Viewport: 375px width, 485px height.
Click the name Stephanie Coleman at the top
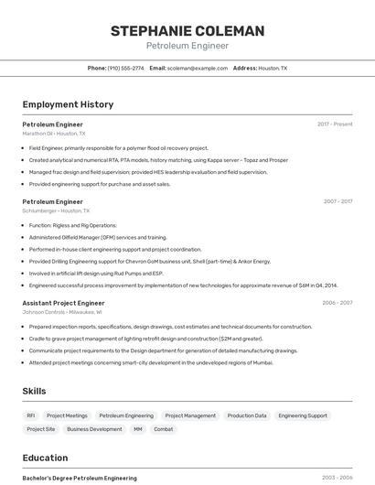click(x=187, y=31)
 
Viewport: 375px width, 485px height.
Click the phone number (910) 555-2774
click(x=125, y=68)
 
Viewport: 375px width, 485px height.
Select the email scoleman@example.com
click(x=198, y=68)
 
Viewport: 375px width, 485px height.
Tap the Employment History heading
click(x=68, y=104)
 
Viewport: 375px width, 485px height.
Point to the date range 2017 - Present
click(x=335, y=124)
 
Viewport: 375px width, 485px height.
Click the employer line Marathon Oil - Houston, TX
click(x=54, y=133)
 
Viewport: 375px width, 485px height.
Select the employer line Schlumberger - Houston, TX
click(x=54, y=210)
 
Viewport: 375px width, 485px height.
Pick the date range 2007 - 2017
click(x=337, y=200)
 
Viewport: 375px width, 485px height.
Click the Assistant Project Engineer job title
click(x=63, y=302)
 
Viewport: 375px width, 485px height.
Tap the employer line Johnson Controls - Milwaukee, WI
click(x=61, y=311)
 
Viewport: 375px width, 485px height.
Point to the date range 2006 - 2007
click(x=337, y=302)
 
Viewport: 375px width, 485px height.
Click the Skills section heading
click(x=34, y=391)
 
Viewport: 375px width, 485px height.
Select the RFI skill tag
click(x=31, y=415)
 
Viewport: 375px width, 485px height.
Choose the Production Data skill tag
click(x=247, y=415)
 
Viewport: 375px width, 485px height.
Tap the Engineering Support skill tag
click(x=303, y=415)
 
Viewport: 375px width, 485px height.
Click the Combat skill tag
click(x=163, y=428)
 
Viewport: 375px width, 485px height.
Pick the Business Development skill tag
click(x=94, y=428)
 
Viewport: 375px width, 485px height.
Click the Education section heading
click(x=45, y=458)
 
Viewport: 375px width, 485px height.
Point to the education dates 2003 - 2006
click(x=337, y=478)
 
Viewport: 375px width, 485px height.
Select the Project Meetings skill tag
click(x=67, y=415)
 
